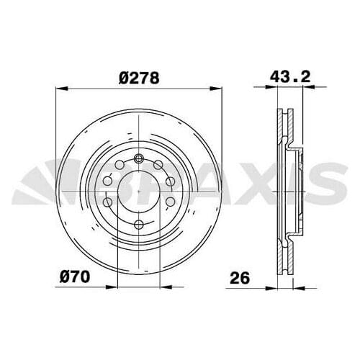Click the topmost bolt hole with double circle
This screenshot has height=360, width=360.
click(136, 159)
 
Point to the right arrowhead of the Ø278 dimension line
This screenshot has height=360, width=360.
click(213, 89)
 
